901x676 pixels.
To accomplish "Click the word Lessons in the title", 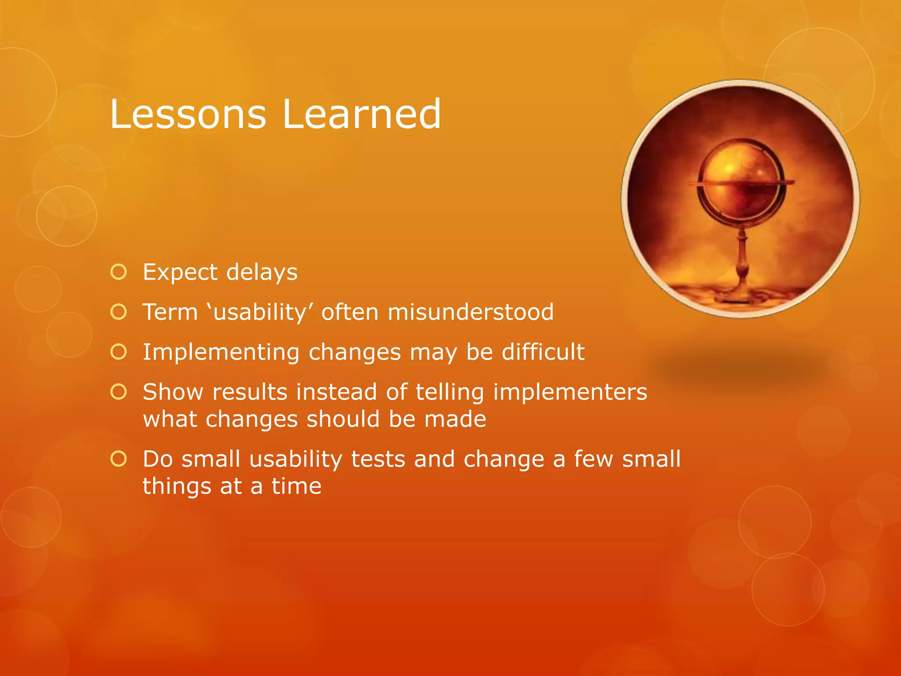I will pyautogui.click(x=188, y=114).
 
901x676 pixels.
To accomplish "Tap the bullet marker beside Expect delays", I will pyautogui.click(x=119, y=272).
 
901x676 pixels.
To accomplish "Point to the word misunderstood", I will pyautogui.click(x=470, y=312).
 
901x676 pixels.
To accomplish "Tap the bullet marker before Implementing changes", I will pyautogui.click(x=119, y=352).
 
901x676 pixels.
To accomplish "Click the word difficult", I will pyautogui.click(x=543, y=352).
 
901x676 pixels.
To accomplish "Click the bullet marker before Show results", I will pyautogui.click(x=119, y=392).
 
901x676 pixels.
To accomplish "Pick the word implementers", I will pyautogui.click(x=570, y=393).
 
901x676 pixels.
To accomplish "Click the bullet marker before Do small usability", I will pyautogui.click(x=119, y=459).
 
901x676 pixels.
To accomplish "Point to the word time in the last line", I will pyautogui.click(x=296, y=486).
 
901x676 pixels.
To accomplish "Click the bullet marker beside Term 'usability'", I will pyautogui.click(x=119, y=312).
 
